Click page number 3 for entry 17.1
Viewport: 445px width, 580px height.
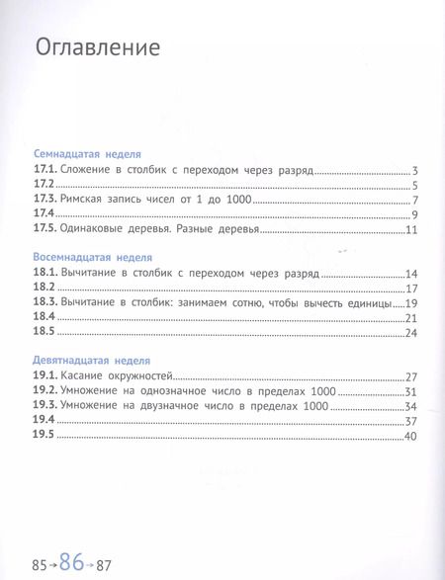pos(418,171)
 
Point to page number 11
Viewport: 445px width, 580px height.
pos(415,230)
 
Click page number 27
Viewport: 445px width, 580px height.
pos(415,377)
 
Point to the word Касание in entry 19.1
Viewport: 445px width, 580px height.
pos(86,377)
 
